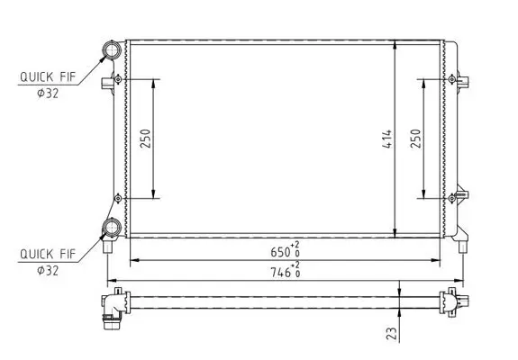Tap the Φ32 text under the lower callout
click(46, 269)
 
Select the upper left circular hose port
click(114, 49)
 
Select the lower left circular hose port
click(114, 228)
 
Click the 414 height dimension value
click(386, 139)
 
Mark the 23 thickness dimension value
click(390, 333)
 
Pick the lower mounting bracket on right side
click(462, 195)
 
